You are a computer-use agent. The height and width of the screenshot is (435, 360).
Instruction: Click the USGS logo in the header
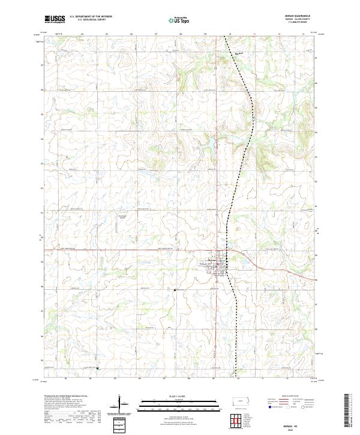click(x=55, y=20)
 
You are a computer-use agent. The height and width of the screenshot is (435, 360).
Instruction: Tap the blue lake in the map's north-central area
click(x=210, y=143)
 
